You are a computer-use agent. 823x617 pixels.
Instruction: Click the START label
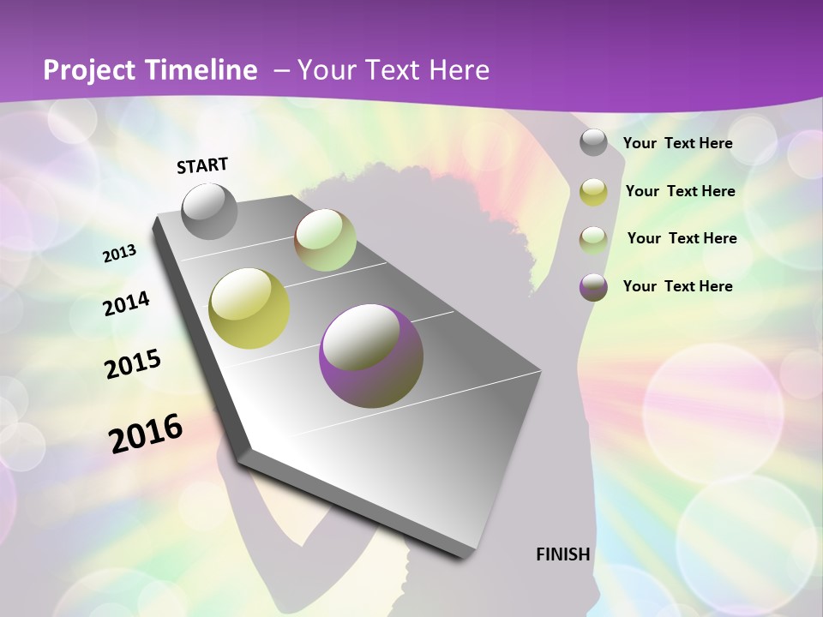pyautogui.click(x=202, y=165)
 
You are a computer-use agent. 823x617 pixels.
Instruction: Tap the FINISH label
pyautogui.click(x=563, y=554)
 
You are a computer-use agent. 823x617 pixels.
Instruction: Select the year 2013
pyautogui.click(x=120, y=254)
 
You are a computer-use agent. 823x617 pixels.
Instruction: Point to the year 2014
pyautogui.click(x=127, y=303)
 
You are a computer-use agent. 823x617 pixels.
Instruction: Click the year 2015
pyautogui.click(x=133, y=364)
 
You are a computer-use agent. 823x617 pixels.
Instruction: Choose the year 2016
pyautogui.click(x=146, y=433)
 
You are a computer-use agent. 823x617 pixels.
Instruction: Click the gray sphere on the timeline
pyautogui.click(x=210, y=211)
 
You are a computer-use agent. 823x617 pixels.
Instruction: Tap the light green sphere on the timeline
pyautogui.click(x=326, y=240)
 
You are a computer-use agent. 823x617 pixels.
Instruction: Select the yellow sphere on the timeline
pyautogui.click(x=249, y=308)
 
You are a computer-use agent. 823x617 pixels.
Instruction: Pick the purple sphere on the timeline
pyautogui.click(x=371, y=356)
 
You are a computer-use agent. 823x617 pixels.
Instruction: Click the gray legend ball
pyautogui.click(x=593, y=143)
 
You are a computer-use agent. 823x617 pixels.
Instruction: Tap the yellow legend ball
pyautogui.click(x=593, y=192)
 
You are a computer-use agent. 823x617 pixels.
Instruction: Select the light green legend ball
pyautogui.click(x=593, y=240)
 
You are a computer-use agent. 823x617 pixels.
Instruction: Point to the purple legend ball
pyautogui.click(x=593, y=287)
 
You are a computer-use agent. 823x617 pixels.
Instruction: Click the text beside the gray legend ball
pyautogui.click(x=677, y=144)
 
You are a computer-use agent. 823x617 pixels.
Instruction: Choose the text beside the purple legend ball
pyautogui.click(x=677, y=286)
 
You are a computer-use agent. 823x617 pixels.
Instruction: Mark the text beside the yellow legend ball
pyautogui.click(x=680, y=191)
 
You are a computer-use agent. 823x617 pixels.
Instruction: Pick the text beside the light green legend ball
pyautogui.click(x=682, y=238)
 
